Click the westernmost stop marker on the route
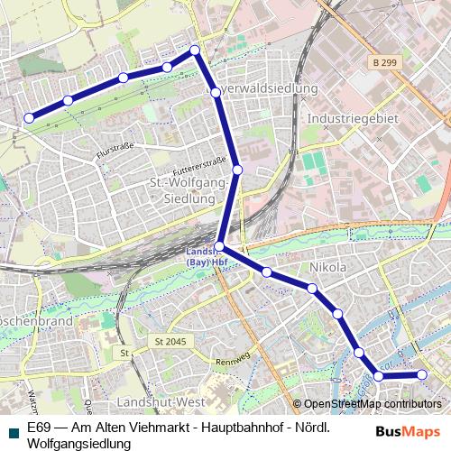pos(29,117)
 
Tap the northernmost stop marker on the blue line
pos(194,51)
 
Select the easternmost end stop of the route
pos(421,374)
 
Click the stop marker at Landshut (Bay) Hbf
pos(219,246)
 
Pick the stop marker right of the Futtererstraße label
pos(237,170)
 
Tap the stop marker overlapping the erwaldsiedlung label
pos(216,92)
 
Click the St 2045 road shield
pos(168,342)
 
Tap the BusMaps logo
pos(408,431)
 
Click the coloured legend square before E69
pos(11,428)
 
